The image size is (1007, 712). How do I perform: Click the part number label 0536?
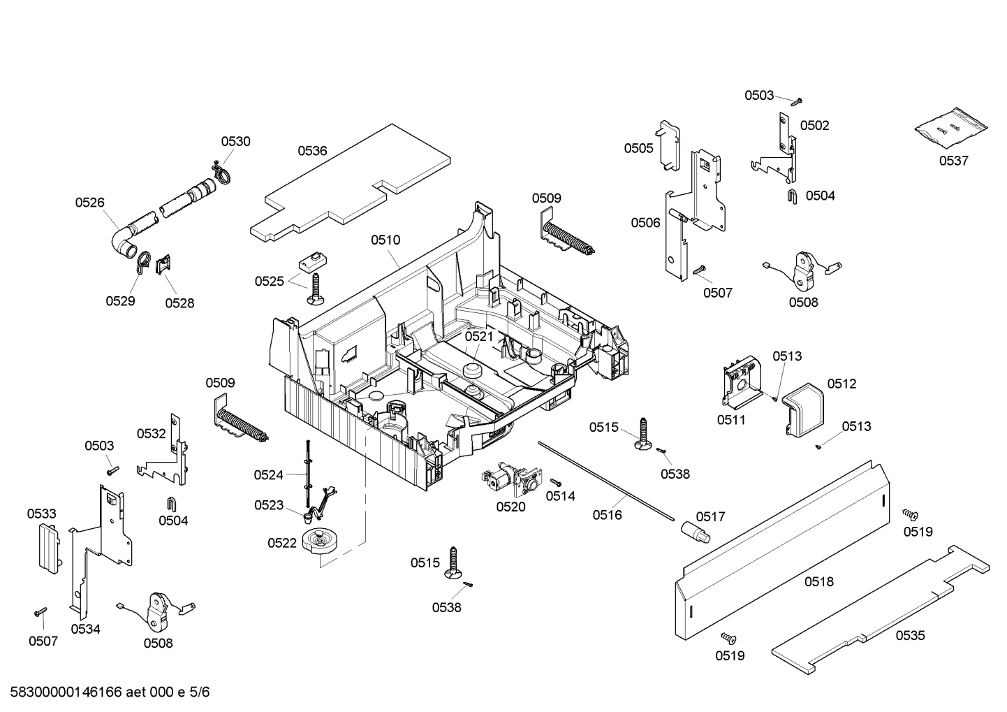pyautogui.click(x=312, y=150)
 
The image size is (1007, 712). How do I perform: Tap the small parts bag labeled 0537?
pyautogui.click(x=952, y=129)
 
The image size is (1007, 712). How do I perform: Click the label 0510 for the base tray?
pyautogui.click(x=385, y=240)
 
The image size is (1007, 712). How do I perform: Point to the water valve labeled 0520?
pyautogui.click(x=510, y=479)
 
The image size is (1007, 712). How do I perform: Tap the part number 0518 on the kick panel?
pyautogui.click(x=818, y=581)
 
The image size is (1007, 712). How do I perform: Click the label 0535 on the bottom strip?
pyautogui.click(x=910, y=635)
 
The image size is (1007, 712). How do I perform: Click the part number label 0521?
pyautogui.click(x=479, y=336)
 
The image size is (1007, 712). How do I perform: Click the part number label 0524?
pyautogui.click(x=268, y=475)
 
